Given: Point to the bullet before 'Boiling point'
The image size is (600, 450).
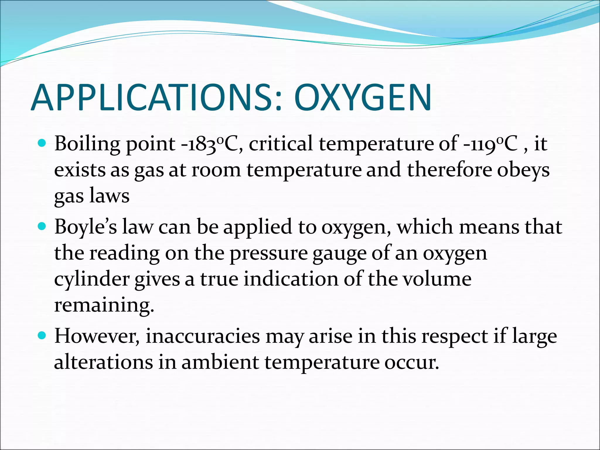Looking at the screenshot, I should click(x=42, y=143).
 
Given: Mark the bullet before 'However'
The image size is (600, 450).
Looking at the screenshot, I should click(x=42, y=335).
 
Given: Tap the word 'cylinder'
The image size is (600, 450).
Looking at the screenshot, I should click(x=92, y=279).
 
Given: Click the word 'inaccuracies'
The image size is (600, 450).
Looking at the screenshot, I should click(x=203, y=336).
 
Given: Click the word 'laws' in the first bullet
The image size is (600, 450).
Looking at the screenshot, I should click(x=109, y=196).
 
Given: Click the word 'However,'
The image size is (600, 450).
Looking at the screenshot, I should click(x=97, y=336).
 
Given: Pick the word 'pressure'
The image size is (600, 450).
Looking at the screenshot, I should click(x=268, y=254).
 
